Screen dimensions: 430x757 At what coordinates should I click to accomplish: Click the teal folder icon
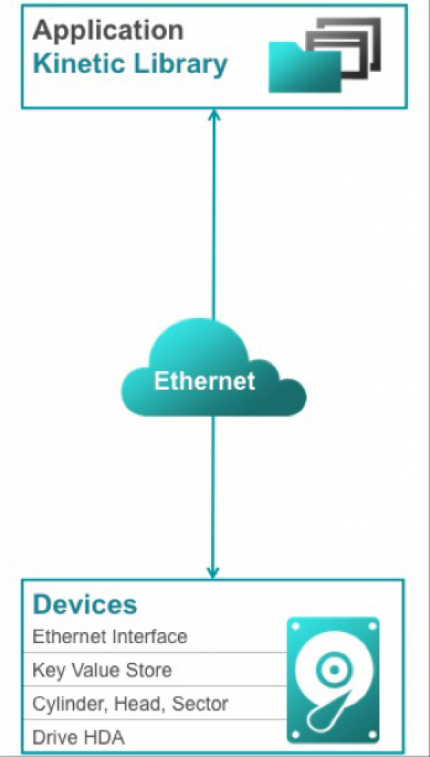tap(304, 67)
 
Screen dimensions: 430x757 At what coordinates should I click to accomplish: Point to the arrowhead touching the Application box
tap(214, 115)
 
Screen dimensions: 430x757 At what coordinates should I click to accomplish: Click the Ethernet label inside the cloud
tap(204, 381)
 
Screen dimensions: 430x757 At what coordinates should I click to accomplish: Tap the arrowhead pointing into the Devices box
tap(213, 572)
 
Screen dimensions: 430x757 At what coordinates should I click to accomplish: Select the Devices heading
tap(85, 603)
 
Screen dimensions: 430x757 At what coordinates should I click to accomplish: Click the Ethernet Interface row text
tap(109, 637)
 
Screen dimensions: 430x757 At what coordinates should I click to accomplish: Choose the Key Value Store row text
tap(102, 670)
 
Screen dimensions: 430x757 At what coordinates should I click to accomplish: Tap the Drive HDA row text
tap(78, 738)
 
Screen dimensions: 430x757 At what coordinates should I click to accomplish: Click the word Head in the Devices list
tap(140, 705)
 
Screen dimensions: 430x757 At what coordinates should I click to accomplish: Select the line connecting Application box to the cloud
tap(214, 214)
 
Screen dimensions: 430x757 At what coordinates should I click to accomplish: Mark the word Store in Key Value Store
tap(149, 670)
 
